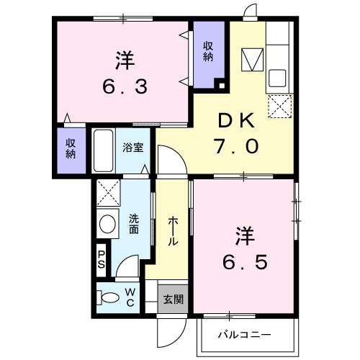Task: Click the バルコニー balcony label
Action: coord(245,335)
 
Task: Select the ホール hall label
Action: coord(174,232)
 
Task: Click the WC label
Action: coord(130,296)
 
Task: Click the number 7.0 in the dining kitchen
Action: coord(235,146)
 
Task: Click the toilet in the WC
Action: coord(109,297)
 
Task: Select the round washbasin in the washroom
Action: coord(108,224)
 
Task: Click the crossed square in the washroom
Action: coord(108,192)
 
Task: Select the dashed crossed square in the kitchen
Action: coord(278,107)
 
